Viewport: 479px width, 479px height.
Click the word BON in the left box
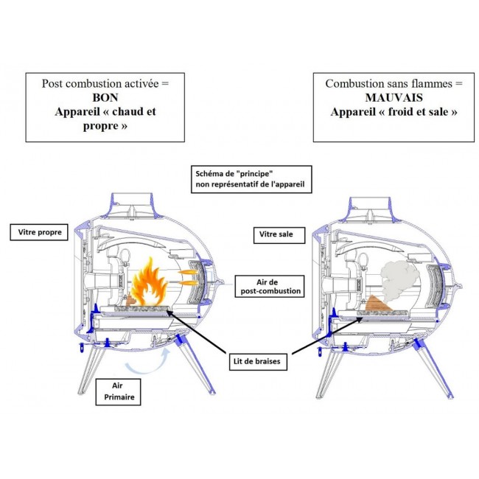coord(105,97)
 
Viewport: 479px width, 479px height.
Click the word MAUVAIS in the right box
coord(394,97)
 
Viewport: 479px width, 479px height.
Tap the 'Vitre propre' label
coord(39,232)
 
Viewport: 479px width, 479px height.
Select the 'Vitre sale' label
coord(279,235)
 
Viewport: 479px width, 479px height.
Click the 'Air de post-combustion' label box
coord(270,286)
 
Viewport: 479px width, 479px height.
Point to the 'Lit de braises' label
coord(258,362)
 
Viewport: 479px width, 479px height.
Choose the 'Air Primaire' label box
coord(118,392)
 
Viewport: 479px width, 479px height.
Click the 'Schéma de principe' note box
coord(251,179)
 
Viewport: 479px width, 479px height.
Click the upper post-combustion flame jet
coord(189,272)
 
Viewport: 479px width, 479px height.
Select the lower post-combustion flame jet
coord(189,283)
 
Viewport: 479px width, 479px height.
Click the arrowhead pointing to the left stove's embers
coord(169,312)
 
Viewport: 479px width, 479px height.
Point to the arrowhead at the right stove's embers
coord(360,319)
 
